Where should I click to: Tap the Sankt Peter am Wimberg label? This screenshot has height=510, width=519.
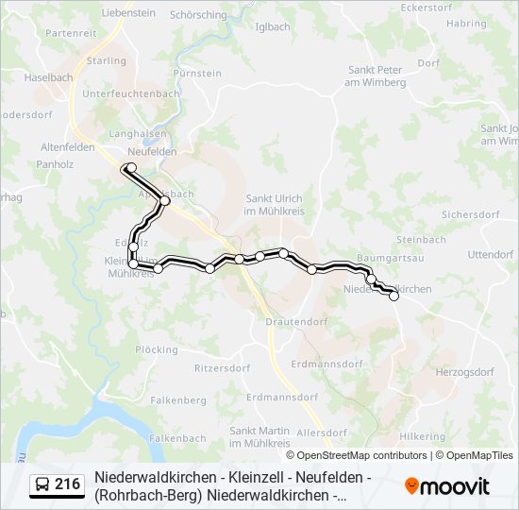coord(377,76)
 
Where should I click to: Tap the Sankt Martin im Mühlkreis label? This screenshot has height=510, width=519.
coord(259,436)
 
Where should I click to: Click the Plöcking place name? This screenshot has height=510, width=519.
coord(157,349)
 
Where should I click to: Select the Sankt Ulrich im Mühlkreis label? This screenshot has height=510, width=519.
coord(274,204)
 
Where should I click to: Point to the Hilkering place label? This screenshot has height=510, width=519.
coord(422,436)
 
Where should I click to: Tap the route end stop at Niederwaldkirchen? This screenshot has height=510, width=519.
coord(393,296)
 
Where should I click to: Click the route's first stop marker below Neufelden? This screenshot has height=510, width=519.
coord(131,168)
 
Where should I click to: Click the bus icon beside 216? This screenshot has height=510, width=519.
coord(42,485)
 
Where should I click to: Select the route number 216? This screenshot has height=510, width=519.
coord(67,484)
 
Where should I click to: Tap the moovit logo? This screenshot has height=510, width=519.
coord(447,486)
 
